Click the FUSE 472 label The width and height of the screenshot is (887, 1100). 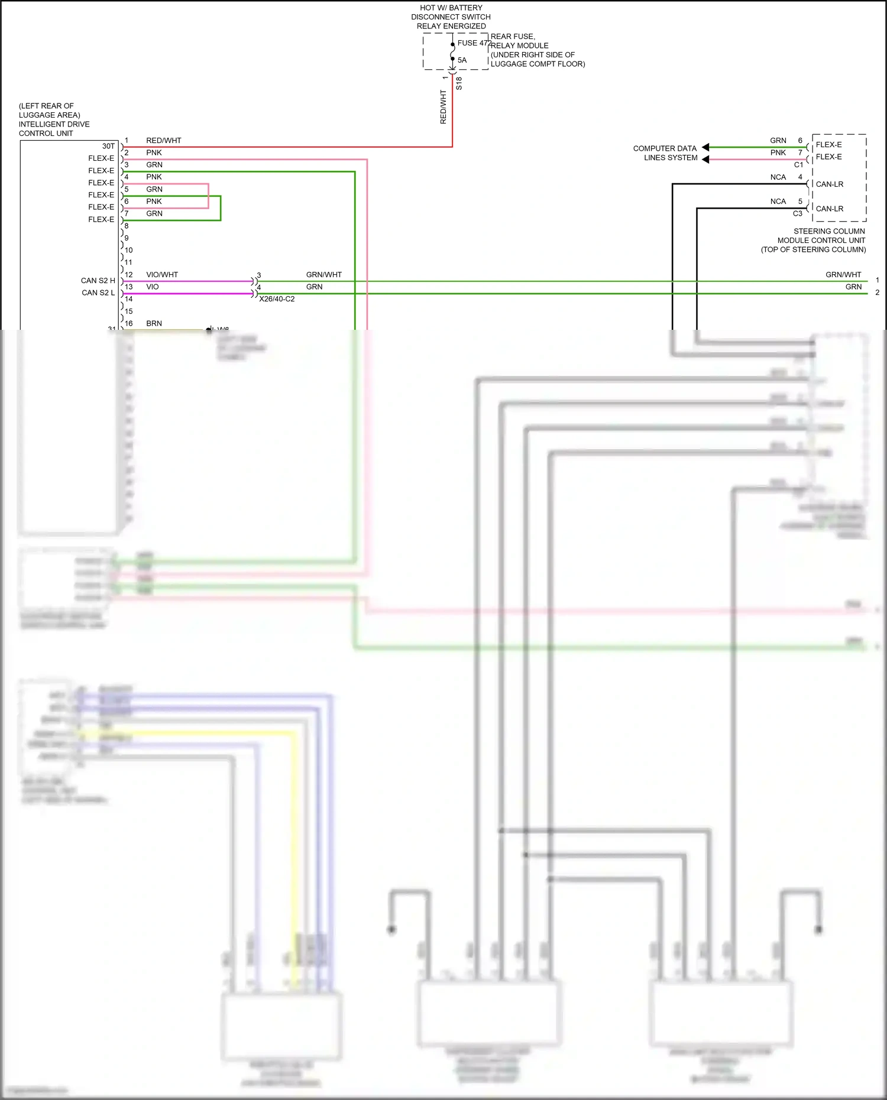click(x=474, y=43)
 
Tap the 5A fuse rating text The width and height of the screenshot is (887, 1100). click(x=462, y=60)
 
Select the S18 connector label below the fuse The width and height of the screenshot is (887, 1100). click(x=459, y=83)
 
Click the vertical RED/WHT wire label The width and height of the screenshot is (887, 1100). click(x=443, y=107)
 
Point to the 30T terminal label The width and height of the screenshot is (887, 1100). click(x=108, y=146)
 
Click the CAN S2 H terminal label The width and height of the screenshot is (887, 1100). click(x=98, y=281)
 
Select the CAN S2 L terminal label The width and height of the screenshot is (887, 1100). click(x=98, y=293)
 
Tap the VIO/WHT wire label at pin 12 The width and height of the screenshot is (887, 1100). click(x=162, y=275)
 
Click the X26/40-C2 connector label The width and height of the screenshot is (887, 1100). click(x=277, y=299)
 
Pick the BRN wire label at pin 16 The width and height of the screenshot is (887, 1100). click(x=154, y=323)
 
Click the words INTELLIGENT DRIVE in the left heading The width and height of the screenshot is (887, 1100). click(x=54, y=124)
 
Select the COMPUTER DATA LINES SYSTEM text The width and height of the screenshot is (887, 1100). click(x=665, y=153)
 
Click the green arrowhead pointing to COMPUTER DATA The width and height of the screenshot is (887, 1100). click(x=705, y=147)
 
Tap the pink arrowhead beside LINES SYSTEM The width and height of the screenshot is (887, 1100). click(x=705, y=159)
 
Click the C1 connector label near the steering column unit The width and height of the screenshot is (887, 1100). click(x=798, y=165)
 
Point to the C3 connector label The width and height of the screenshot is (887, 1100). click(x=798, y=213)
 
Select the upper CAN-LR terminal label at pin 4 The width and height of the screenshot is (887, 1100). click(x=830, y=184)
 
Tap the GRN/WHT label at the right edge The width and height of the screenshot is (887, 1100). click(x=843, y=275)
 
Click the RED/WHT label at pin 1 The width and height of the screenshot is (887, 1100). click(x=164, y=141)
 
